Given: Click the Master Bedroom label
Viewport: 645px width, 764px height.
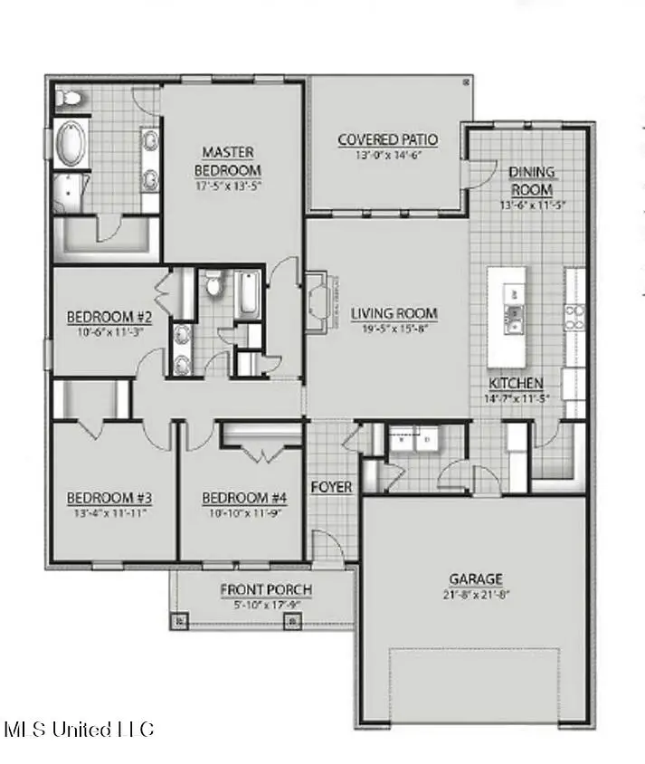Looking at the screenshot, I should (x=227, y=161).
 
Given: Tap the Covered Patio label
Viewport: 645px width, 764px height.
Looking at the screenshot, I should (x=387, y=140).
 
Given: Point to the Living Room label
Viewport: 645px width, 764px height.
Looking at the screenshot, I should (x=394, y=314).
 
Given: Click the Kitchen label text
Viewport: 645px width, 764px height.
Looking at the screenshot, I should (x=516, y=383).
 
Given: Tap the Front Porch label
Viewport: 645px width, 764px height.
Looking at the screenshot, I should (x=266, y=590).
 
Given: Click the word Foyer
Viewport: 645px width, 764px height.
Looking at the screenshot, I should (x=331, y=487).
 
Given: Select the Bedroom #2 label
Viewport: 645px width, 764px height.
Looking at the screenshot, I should (x=109, y=318).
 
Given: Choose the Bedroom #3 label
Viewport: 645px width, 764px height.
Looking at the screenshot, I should (x=109, y=498).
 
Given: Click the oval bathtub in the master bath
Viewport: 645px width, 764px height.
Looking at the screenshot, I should (x=70, y=145).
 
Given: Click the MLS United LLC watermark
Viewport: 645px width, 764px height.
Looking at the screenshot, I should (x=79, y=730).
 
